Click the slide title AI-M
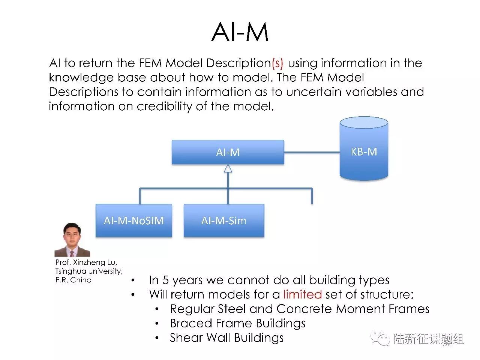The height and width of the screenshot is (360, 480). tap(240, 31)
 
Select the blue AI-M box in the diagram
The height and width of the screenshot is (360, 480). tap(228, 152)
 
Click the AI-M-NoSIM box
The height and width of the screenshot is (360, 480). tap(134, 220)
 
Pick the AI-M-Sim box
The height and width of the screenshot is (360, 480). tap(224, 220)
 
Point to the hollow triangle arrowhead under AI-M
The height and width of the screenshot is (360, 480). tap(228, 169)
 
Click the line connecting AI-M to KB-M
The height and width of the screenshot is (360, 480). tap(311, 152)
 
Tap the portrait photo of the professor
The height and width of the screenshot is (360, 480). tap(72, 240)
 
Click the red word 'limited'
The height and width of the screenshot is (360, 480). tap(302, 294)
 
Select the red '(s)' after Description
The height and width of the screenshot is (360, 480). tap(277, 63)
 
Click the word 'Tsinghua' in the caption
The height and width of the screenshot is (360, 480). tap(70, 271)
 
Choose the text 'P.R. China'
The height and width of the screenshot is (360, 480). tap(73, 280)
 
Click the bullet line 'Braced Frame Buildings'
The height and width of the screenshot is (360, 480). tap(237, 323)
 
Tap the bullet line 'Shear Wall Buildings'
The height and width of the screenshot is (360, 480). tap(226, 338)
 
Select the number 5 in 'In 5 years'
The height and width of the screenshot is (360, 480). tap(165, 280)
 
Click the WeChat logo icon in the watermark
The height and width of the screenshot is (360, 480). tap(379, 338)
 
